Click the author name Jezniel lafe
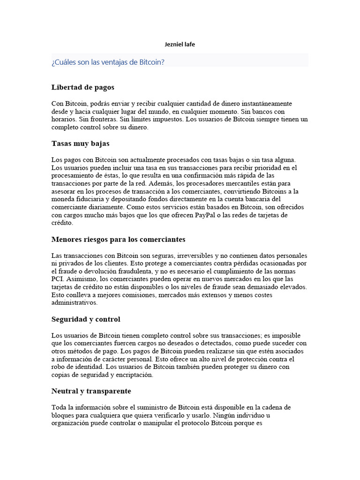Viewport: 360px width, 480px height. tap(180, 45)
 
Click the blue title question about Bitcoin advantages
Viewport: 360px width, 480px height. tap(108, 62)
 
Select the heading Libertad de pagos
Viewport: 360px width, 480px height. tap(82, 87)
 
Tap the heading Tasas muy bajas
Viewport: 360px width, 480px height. tap(80, 143)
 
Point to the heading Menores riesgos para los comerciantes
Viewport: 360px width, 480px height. tap(118, 240)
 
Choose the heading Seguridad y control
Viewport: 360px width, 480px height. tap(86, 319)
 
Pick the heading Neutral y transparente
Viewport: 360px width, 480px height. tap(91, 391)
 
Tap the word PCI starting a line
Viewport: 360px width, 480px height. tap(57, 279)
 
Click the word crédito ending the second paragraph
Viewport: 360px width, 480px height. tap(62, 223)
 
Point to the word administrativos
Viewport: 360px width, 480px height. tap(74, 303)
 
